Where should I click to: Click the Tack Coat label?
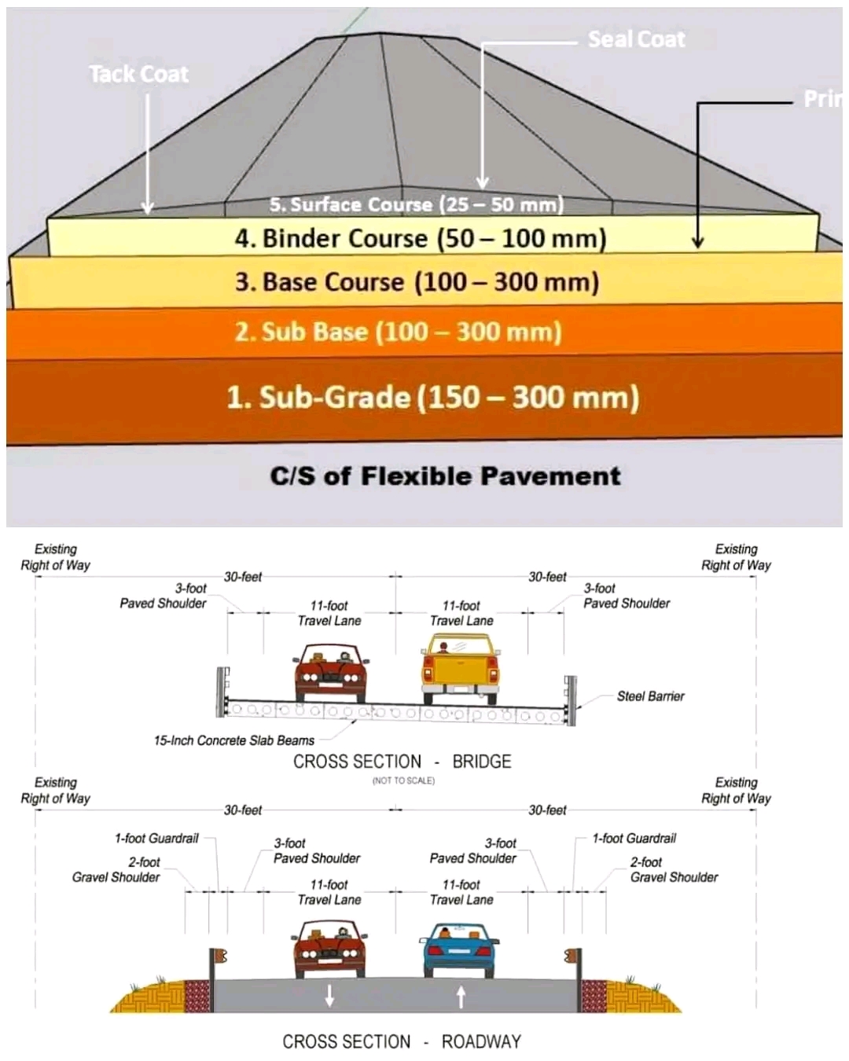coord(138,74)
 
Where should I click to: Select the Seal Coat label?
coord(636,39)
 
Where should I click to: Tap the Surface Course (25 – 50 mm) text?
coord(417,205)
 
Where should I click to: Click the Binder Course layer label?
coord(421,238)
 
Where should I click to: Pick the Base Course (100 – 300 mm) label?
coord(417,282)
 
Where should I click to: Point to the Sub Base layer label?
coord(398,332)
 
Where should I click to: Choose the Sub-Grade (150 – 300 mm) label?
coord(432,397)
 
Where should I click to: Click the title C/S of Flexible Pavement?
coord(445,476)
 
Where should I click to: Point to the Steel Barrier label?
coord(650,696)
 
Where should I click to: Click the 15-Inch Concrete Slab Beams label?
coord(233,740)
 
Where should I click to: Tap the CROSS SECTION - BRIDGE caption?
coord(402,762)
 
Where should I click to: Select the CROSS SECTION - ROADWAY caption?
coord(402,1042)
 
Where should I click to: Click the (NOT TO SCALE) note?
coord(403,780)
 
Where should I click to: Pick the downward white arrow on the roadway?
coord(329,996)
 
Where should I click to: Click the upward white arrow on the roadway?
coord(461,996)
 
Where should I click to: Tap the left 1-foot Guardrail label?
coord(156,839)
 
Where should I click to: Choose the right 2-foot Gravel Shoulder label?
coord(674,869)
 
